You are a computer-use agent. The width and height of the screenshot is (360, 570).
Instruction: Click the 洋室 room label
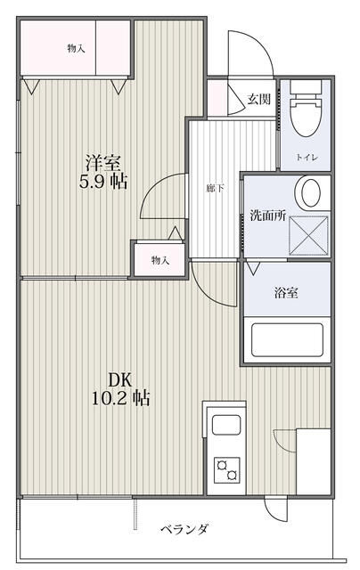[x=103, y=163]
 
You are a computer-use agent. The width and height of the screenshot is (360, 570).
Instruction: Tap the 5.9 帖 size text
[x=103, y=183]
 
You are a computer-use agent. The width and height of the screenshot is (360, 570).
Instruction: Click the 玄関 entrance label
[x=259, y=99]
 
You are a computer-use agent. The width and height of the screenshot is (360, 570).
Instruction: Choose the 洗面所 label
[x=266, y=215]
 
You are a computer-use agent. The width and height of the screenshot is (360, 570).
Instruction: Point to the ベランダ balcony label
[x=185, y=530]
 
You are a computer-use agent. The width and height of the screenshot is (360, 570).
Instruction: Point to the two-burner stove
[x=225, y=468]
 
